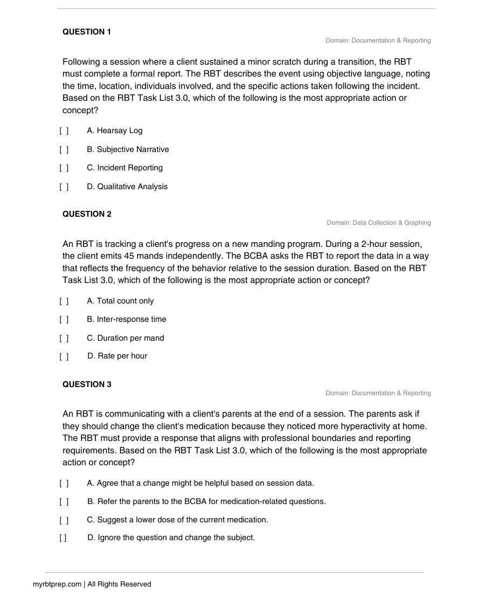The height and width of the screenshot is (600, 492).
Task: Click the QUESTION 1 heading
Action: click(87, 32)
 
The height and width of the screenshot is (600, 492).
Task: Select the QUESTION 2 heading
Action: click(87, 214)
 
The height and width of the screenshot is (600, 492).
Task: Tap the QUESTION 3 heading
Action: click(87, 384)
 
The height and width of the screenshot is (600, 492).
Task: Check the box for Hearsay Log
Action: click(64, 131)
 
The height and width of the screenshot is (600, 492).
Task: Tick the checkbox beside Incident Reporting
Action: click(64, 168)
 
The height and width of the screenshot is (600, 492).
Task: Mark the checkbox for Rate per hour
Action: click(64, 356)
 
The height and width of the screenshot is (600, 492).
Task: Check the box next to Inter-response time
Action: click(64, 320)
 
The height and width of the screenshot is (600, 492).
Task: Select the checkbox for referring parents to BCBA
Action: click(64, 502)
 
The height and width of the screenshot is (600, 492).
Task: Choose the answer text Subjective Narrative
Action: click(128, 149)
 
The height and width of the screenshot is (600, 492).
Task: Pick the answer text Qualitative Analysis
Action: click(127, 187)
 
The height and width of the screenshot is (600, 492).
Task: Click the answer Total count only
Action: click(120, 301)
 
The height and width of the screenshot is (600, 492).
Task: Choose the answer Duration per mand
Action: click(126, 338)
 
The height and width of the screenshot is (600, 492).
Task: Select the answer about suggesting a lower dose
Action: click(177, 520)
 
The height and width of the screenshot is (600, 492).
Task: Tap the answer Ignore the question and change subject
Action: click(171, 537)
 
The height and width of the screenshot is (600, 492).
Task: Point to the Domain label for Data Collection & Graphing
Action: click(378, 223)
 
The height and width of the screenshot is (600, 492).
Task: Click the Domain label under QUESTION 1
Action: click(378, 40)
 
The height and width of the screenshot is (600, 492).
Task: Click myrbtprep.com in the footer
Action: click(57, 584)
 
